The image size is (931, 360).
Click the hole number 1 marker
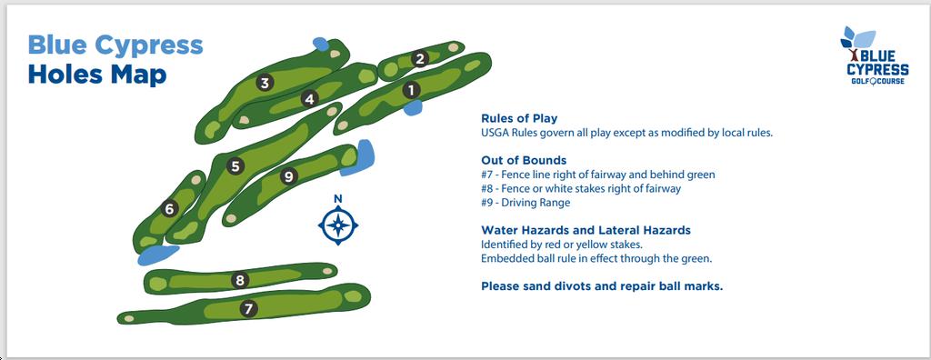pos(410,90)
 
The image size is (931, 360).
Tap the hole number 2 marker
pos(419,59)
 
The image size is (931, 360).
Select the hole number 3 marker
pos(265,83)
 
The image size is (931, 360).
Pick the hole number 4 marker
pos(310,98)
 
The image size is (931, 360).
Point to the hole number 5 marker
pos(235,166)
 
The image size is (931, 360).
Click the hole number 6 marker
pos(169,209)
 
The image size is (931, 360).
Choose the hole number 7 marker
pos(248,309)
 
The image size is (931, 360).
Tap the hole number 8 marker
pos(240,280)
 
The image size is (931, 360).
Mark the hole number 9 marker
pos(289,176)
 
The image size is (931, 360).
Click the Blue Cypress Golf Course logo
pos(873,57)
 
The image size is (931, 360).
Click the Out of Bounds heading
pos(524,161)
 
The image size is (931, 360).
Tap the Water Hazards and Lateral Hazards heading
pos(586,230)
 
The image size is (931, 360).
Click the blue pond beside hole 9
pos(358,157)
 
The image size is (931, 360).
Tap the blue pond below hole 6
pos(158,255)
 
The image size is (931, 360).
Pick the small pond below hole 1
pos(413,108)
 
